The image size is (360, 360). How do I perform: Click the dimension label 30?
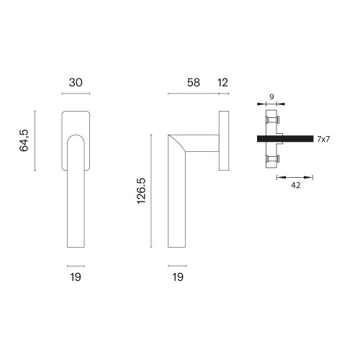(x=76, y=83)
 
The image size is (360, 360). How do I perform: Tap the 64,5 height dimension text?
(x=24, y=140)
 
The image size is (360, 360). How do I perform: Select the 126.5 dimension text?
(x=141, y=191)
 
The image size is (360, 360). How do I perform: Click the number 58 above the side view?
(x=194, y=83)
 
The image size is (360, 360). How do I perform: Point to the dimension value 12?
(x=222, y=83)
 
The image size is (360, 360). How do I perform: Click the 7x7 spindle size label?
(x=323, y=139)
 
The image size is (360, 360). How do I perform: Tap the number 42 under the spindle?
(x=295, y=185)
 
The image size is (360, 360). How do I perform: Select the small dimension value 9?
(x=271, y=97)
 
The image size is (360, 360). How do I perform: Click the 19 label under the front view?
(x=76, y=277)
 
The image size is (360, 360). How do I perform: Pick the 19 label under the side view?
(x=178, y=277)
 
